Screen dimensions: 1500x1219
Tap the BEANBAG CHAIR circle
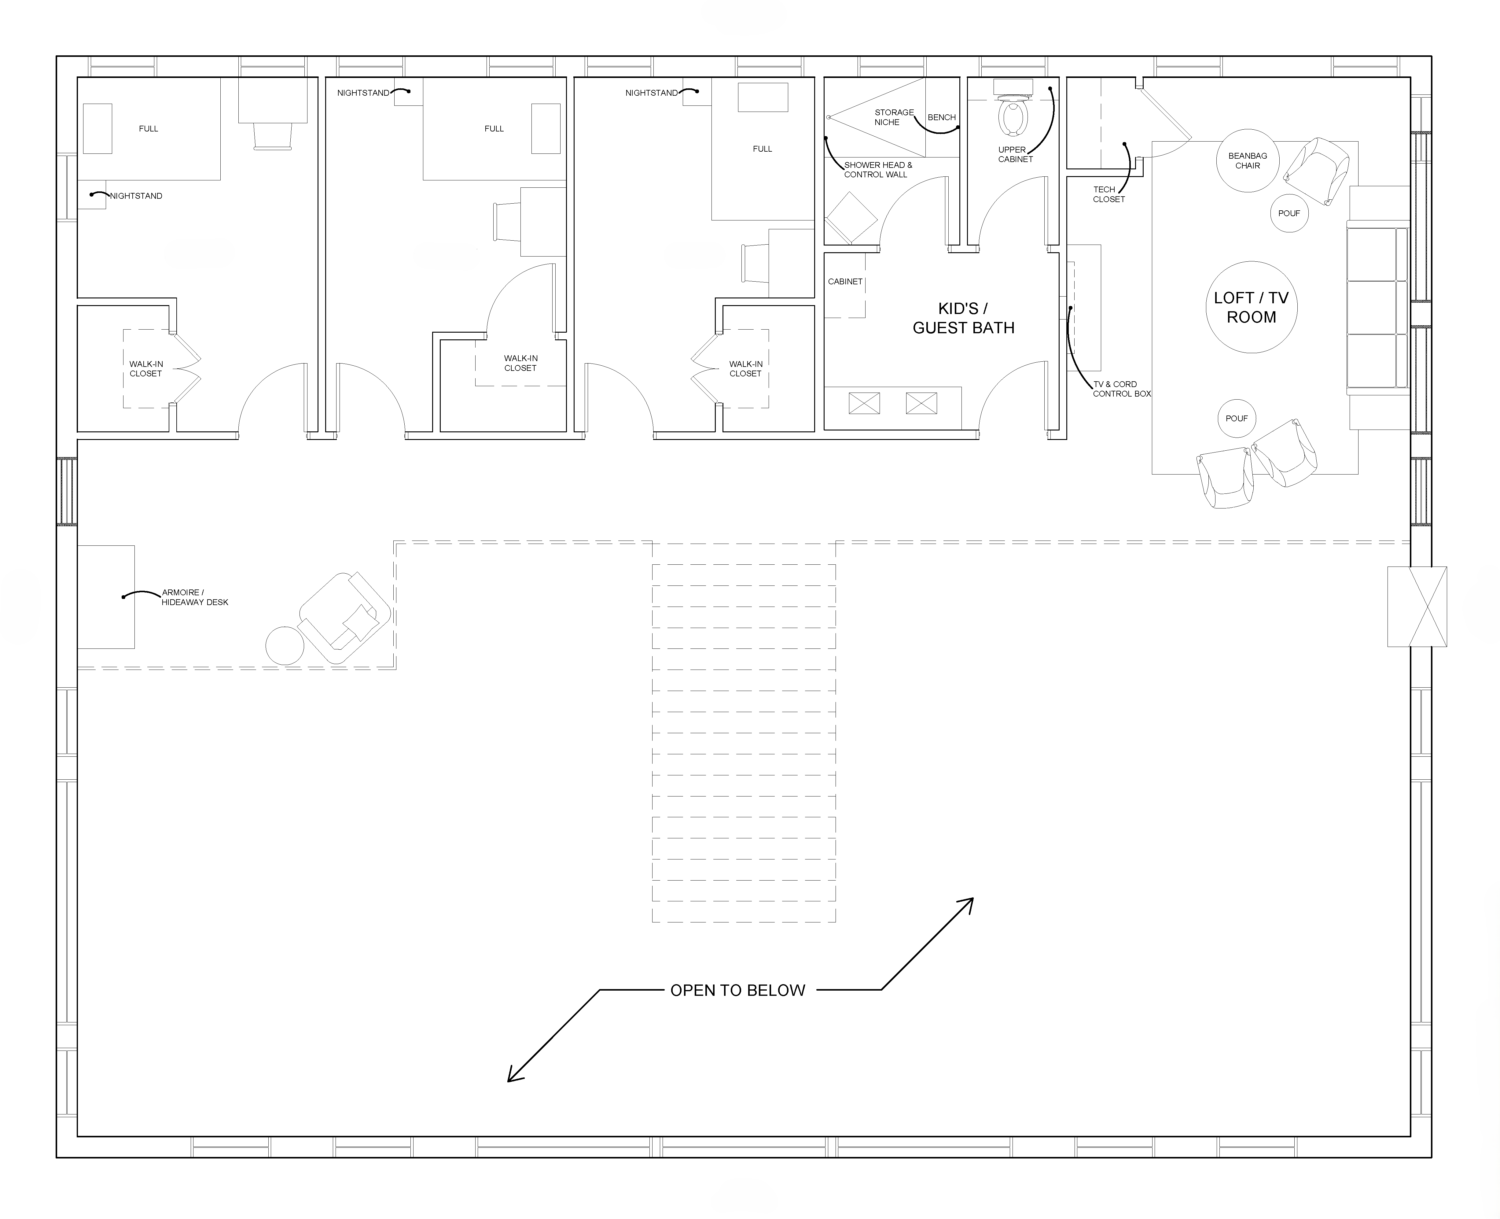[x=1247, y=161]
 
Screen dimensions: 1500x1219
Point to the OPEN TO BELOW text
[x=738, y=990]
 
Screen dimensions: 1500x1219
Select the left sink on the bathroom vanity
[x=864, y=403]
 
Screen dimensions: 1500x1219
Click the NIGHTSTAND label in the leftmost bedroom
[x=136, y=196]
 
